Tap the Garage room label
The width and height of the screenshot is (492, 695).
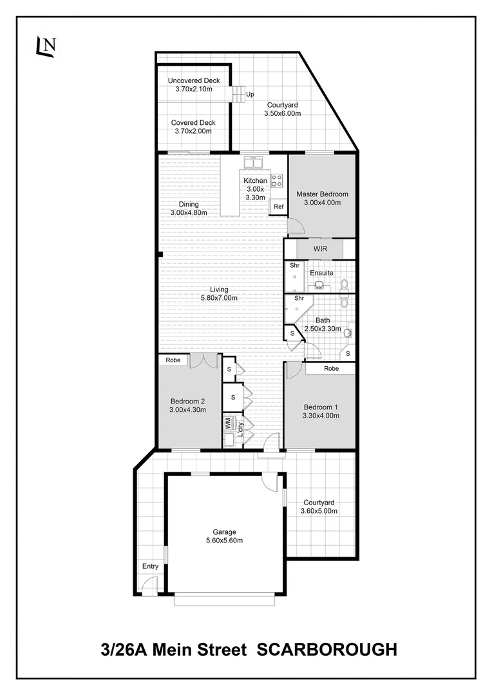(x=225, y=532)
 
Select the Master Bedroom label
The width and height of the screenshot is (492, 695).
(x=322, y=194)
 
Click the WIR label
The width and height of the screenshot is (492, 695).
(x=321, y=248)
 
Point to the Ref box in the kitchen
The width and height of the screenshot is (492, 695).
(x=278, y=207)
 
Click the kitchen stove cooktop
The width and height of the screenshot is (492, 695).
(x=278, y=180)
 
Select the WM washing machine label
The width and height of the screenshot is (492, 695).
(x=227, y=423)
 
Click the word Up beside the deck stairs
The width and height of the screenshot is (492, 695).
(x=249, y=95)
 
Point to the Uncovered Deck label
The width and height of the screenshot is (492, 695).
(x=194, y=80)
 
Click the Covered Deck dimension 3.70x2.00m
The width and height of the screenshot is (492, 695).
(x=193, y=131)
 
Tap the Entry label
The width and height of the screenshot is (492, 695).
(x=150, y=566)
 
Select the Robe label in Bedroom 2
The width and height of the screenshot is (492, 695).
(x=173, y=360)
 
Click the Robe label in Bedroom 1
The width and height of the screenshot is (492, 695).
(x=331, y=369)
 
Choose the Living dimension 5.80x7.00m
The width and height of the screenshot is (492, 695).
(x=219, y=298)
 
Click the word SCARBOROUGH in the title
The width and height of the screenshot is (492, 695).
(x=326, y=650)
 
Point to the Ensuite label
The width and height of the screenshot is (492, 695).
(x=321, y=273)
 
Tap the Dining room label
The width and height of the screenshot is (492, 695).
(x=189, y=205)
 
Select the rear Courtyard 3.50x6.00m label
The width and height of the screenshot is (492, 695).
(x=282, y=113)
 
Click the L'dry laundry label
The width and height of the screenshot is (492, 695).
(x=240, y=429)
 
